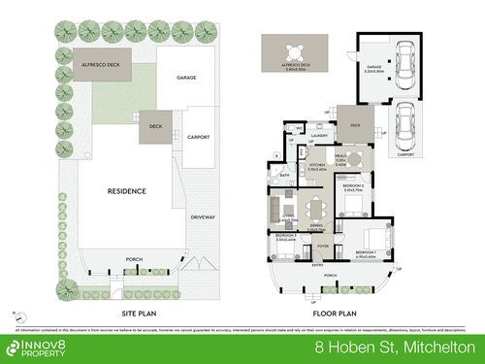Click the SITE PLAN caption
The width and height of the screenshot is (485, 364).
[126, 313]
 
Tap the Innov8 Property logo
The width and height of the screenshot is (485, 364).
[40, 347]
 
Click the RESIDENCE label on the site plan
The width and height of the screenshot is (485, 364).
[126, 191]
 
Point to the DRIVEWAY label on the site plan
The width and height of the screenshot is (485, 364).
[202, 217]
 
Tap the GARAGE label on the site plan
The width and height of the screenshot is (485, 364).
[187, 77]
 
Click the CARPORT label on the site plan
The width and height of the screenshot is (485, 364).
[198, 137]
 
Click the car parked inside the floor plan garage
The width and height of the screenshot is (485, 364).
[406, 73]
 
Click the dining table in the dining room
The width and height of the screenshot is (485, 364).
[316, 207]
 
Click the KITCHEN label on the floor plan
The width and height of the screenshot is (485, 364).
[317, 166]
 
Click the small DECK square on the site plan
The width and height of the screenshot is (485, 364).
[155, 126]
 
